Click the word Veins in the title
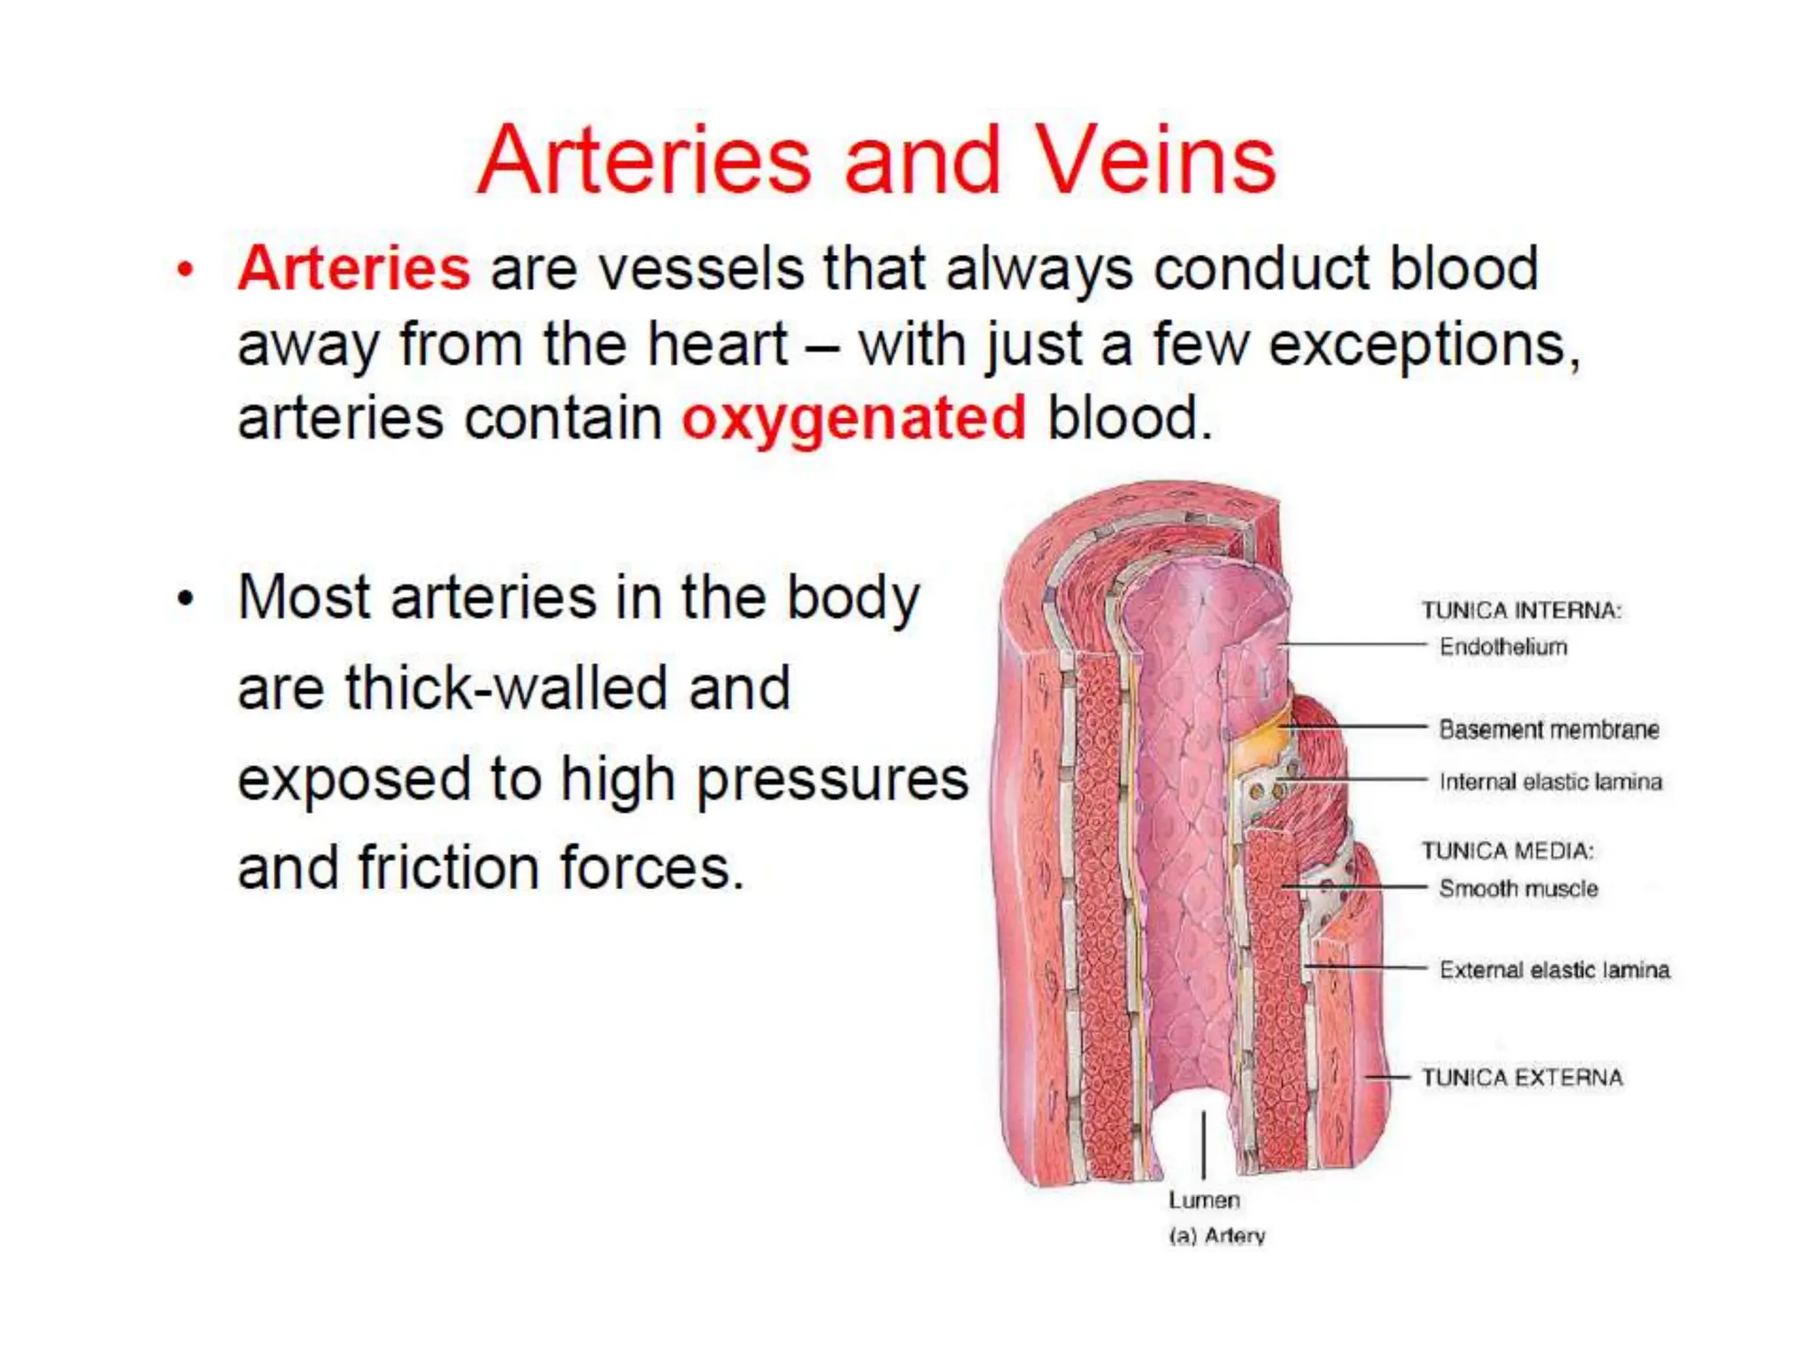(x=1155, y=160)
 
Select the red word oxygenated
(x=853, y=418)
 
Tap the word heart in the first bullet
(x=717, y=344)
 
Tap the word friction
(x=448, y=868)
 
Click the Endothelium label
(x=1503, y=647)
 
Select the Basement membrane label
(x=1548, y=730)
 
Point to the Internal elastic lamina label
(x=1550, y=782)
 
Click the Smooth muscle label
(x=1518, y=888)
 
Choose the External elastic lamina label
(x=1554, y=970)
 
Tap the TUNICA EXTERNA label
(x=1522, y=1078)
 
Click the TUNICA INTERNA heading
(x=1521, y=610)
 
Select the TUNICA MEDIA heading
(x=1507, y=851)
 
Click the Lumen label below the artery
(x=1204, y=1200)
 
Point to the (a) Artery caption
(x=1216, y=1235)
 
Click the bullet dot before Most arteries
(x=184, y=599)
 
